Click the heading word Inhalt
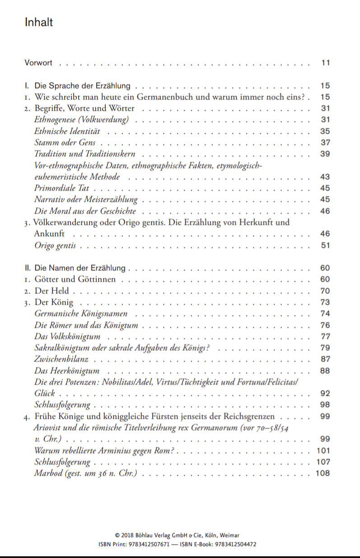pos(39,22)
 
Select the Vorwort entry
pos(38,63)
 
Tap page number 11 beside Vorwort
pos(326,63)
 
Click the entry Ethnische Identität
pos(67,131)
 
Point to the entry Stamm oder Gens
pos(65,143)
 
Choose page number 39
pos(325,154)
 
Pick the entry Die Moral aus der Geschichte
pos(85,211)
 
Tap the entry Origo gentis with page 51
pos(55,246)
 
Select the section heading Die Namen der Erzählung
pos(75,268)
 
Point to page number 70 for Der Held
pos(325,291)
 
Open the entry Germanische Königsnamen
pos(81,313)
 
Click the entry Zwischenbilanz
pos(61,359)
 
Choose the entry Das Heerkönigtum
pos(67,371)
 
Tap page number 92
pos(325,393)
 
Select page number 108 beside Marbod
pos(323,473)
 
